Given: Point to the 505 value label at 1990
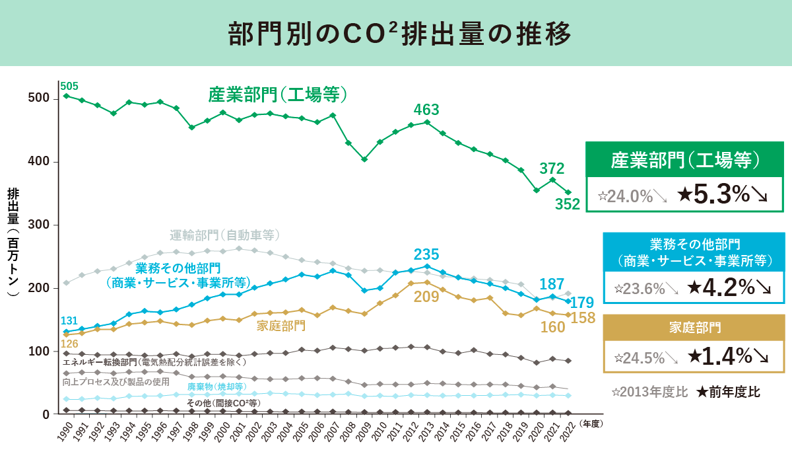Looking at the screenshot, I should point(69,86).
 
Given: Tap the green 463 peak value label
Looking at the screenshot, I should point(426,110).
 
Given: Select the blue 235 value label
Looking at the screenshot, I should point(426,254).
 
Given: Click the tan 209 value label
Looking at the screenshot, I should point(426,297).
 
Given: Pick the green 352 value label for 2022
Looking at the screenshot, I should point(567,205).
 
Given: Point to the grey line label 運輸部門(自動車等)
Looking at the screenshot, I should point(225,235).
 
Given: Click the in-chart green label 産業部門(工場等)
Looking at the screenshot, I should point(278,94).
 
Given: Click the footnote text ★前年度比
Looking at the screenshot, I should point(729,392).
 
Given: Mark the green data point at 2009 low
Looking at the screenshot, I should point(364,159).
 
